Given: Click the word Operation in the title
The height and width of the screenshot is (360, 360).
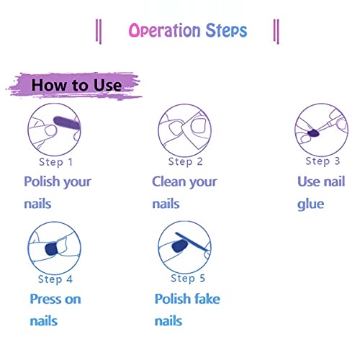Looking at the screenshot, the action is click(164, 30).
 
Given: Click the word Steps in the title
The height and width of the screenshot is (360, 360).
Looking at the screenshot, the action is click(226, 30).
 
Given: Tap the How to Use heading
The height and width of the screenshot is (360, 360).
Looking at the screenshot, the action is click(76, 85).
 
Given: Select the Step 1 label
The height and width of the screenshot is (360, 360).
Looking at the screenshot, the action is click(55, 162).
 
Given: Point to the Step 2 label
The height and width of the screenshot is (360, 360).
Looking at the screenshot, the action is click(185, 162).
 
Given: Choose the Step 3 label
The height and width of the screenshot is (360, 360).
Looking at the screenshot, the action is click(323, 161).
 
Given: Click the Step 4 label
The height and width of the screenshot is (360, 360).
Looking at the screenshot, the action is click(55, 279).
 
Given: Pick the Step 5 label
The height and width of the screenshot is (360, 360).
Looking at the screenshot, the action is click(188, 279).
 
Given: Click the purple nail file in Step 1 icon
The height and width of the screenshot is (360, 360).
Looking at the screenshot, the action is click(67, 123).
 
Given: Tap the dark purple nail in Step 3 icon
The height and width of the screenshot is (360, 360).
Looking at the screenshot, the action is click(313, 133).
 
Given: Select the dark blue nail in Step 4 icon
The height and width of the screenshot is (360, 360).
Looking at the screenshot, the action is click(51, 249).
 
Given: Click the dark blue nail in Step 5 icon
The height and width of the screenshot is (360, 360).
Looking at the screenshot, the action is click(180, 246).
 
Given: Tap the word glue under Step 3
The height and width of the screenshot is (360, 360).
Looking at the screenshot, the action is click(310, 204).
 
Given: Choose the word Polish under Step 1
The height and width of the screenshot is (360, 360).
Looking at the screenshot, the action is click(42, 181).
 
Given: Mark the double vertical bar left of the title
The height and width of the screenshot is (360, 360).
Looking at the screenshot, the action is click(99, 32).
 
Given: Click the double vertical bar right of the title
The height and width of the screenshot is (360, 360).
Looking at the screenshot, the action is click(276, 32).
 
